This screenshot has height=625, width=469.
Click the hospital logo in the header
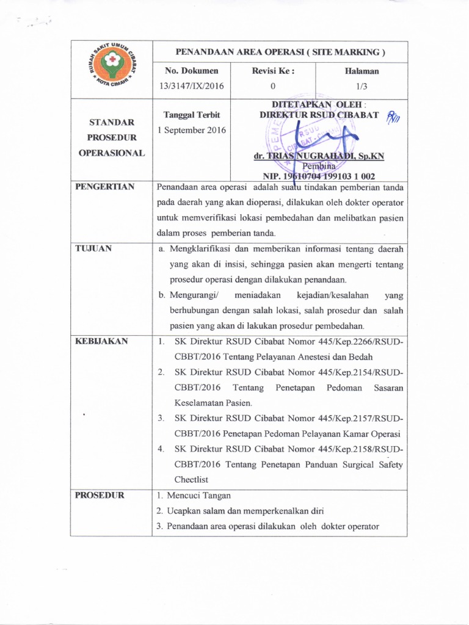tap(111, 69)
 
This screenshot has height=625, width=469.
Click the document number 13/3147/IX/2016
tap(189, 85)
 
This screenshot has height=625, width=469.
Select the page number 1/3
tap(361, 85)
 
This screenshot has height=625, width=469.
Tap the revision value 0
tap(272, 85)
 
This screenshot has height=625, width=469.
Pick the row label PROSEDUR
tap(100, 495)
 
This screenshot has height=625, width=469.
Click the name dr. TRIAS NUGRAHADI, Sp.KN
tap(319, 156)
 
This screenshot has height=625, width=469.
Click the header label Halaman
tap(361, 71)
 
